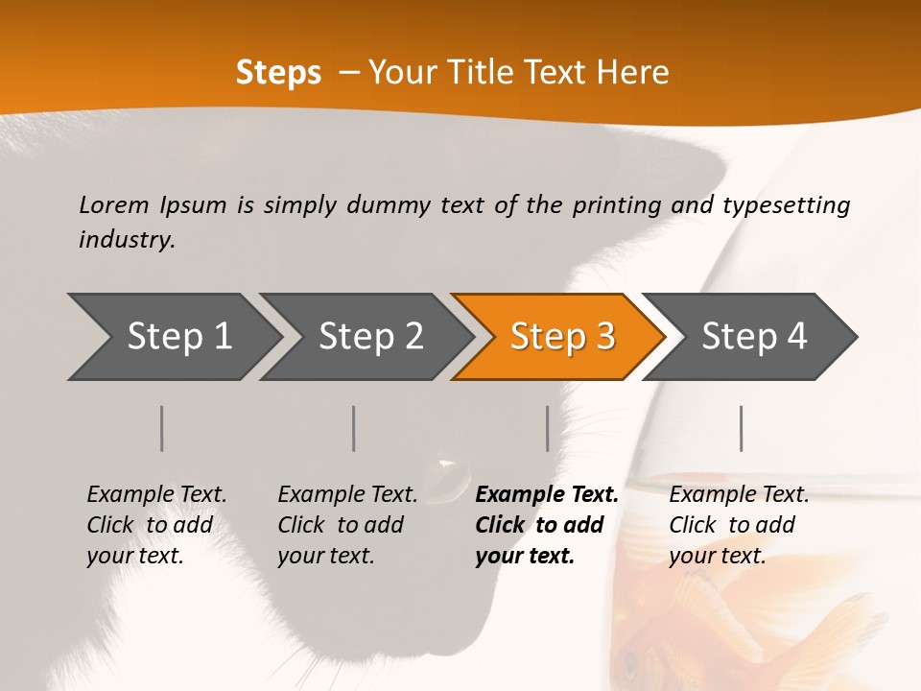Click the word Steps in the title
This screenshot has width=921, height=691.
(278, 72)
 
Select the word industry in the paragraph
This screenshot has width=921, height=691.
(127, 239)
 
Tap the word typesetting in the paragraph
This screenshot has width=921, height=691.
(786, 204)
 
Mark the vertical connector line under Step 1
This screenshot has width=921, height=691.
(162, 428)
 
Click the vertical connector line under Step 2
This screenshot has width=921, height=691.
(354, 428)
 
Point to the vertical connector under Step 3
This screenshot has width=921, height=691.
(547, 428)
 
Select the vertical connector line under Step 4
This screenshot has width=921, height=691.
(741, 428)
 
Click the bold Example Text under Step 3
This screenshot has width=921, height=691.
(547, 494)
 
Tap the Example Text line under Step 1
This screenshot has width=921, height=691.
(156, 494)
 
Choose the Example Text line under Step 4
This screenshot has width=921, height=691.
(739, 494)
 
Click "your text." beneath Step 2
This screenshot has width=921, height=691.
(325, 556)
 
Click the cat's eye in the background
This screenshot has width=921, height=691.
(447, 467)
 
